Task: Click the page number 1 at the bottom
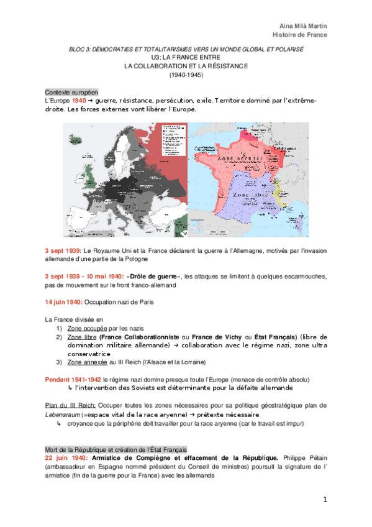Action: click(x=324, y=500)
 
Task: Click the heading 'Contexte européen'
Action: click(x=71, y=91)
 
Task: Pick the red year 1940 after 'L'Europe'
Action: click(x=79, y=100)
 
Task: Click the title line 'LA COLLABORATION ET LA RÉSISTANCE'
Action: click(x=186, y=65)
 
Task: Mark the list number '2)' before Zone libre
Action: click(x=60, y=336)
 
